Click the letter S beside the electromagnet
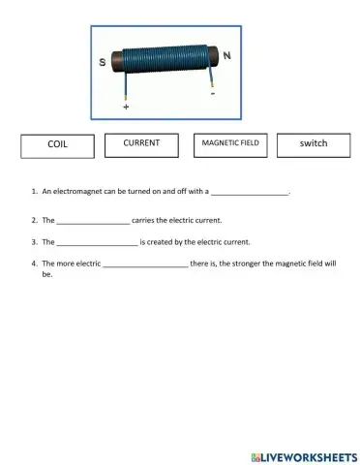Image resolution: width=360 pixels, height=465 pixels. (104, 61)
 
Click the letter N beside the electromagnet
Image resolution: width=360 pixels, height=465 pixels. (226, 56)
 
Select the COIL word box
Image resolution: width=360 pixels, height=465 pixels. (57, 145)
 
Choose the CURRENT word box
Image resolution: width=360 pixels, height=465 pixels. (141, 144)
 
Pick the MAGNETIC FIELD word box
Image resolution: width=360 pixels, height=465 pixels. (229, 144)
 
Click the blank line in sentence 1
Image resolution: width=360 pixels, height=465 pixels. (250, 194)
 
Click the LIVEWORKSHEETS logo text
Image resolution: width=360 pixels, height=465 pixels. (309, 455)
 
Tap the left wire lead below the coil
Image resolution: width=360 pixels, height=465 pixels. (126, 89)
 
